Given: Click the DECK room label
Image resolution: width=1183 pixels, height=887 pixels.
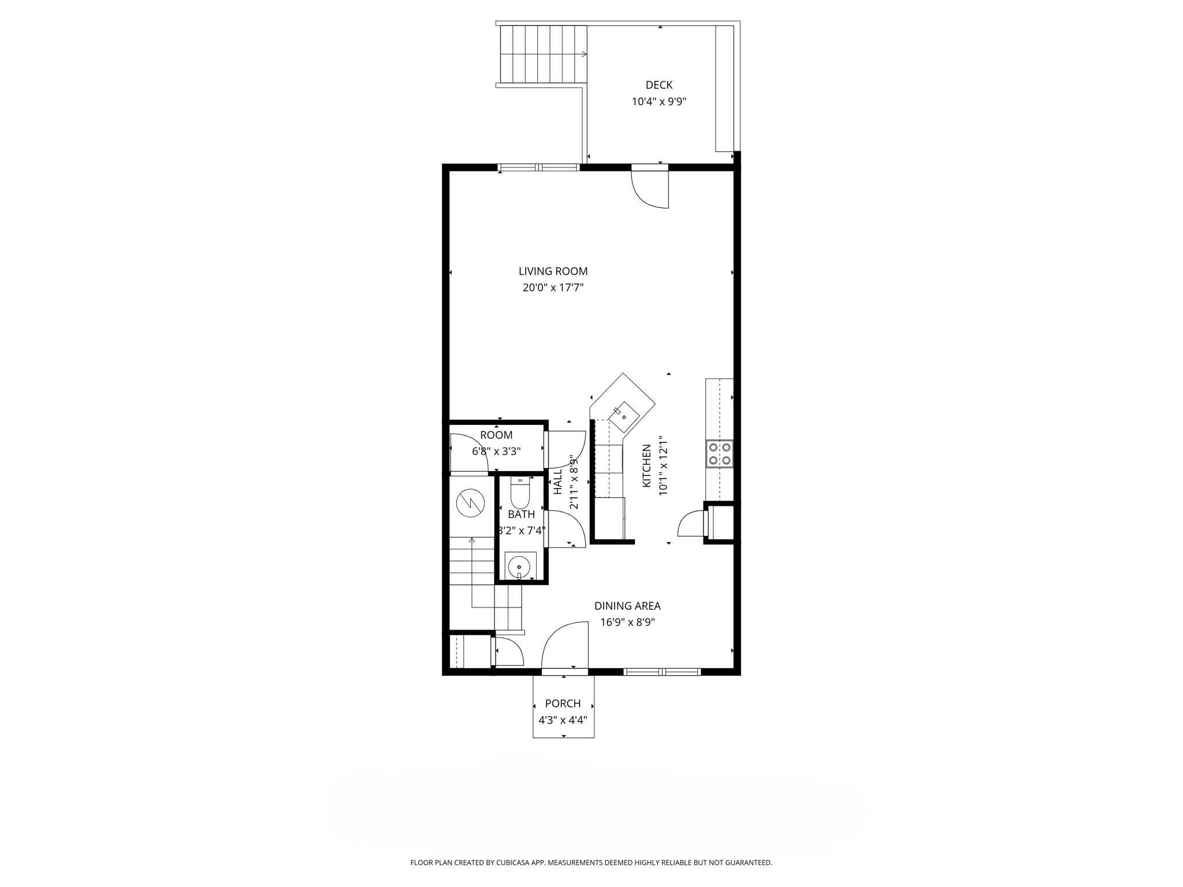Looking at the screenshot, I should point(659,85).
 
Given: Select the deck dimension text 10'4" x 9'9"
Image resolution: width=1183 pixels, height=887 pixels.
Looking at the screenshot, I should point(659,102).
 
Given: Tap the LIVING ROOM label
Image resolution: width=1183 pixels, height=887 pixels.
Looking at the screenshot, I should point(553,271).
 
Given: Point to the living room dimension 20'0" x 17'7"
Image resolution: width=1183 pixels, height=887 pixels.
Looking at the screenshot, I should point(553,288).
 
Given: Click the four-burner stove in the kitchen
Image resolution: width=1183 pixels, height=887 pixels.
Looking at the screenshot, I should point(719,453).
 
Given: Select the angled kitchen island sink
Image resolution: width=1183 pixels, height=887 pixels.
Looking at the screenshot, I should point(624,416).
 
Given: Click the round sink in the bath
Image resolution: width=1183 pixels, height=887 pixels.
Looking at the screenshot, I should point(520,565).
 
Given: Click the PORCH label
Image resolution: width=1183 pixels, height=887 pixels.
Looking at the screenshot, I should point(563,703).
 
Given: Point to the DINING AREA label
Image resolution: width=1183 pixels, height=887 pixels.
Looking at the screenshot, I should point(627,606).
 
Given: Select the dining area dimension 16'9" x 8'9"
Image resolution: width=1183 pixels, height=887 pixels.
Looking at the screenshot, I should point(627,623).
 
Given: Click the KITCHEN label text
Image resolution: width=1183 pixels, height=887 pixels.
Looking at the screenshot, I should point(647,465).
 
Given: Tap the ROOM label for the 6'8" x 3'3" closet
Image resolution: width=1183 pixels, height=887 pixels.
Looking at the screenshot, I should point(496,435).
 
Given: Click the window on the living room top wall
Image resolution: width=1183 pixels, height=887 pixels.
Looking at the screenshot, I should point(538,167).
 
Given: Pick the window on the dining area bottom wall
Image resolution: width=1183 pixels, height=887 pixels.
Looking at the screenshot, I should point(662,672).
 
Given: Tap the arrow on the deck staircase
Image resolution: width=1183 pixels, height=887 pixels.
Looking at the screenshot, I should point(583,54).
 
